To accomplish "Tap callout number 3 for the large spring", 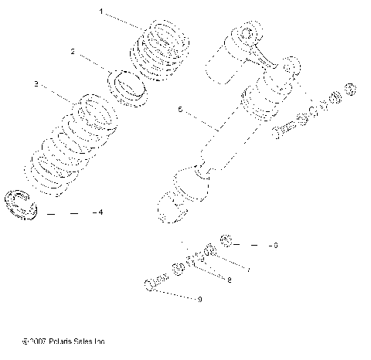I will tap(36, 82).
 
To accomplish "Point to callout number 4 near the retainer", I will tap(97, 212).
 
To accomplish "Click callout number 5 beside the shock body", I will tap(180, 110).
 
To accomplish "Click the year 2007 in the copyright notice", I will tap(42, 340).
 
